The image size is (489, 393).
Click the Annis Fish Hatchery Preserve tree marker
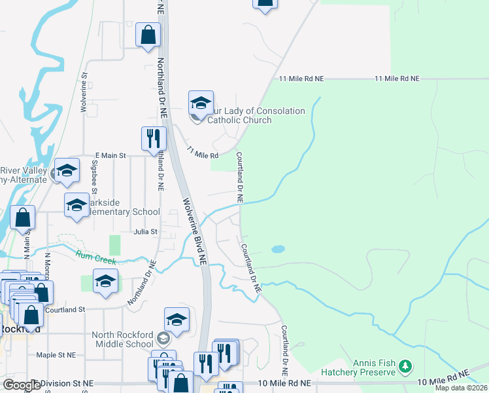406,364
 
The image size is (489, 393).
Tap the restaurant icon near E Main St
154,138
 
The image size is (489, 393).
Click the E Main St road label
110,155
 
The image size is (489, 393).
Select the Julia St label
146,232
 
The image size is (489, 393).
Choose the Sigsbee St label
95,177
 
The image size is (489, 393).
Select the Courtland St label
65,309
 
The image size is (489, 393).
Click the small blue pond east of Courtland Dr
277,250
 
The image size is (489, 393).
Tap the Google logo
21,384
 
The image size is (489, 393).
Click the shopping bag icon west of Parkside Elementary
23,218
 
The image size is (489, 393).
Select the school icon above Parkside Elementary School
76,204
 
